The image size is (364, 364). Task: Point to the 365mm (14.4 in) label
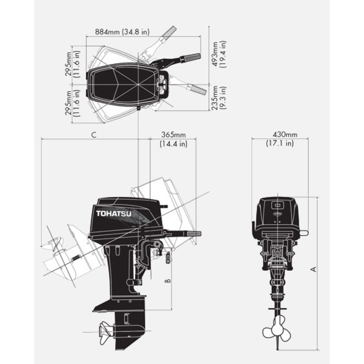pyautogui.click(x=173, y=139)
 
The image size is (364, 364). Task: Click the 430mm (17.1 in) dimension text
pyautogui.click(x=279, y=139)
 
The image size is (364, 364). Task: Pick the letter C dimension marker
pyautogui.click(x=94, y=135)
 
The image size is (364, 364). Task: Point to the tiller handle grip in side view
pyautogui.click(x=194, y=234)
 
